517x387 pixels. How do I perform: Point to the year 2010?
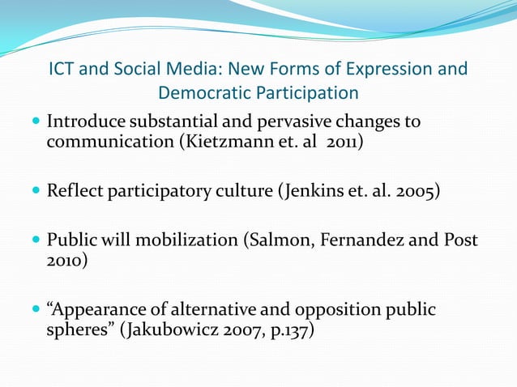tap(62, 262)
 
